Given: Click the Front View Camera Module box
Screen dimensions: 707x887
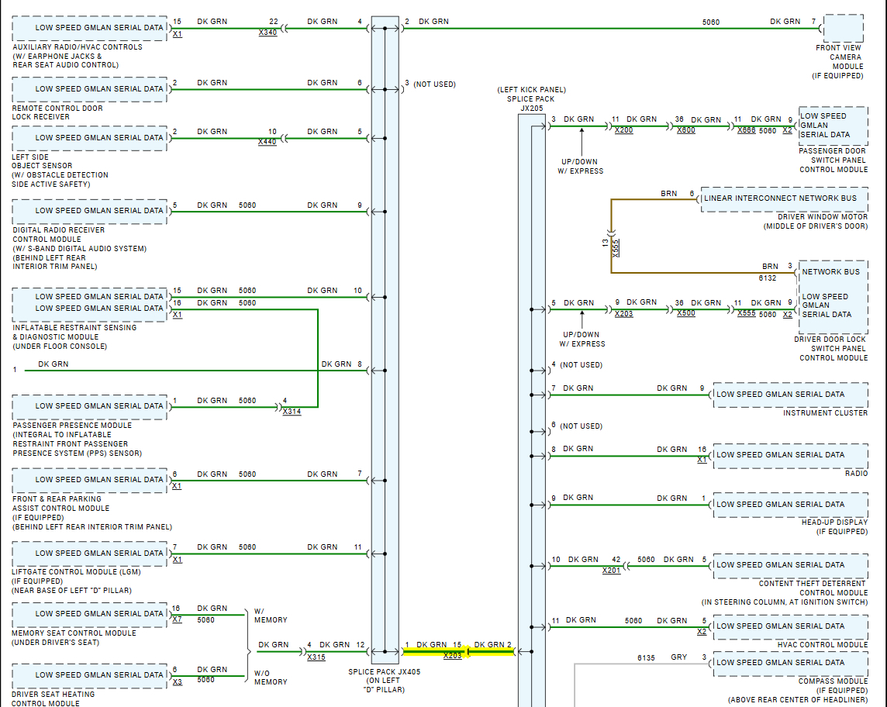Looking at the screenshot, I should point(844,28).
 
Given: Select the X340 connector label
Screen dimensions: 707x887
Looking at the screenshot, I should point(267,33).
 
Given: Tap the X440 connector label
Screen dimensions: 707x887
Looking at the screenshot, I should point(267,143).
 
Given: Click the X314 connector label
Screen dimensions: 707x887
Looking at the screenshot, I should point(292,412).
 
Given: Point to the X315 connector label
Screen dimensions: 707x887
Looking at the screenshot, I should point(316,657).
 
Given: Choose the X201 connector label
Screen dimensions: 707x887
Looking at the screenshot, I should point(611,571).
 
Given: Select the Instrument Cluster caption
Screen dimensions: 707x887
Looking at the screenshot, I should point(825,413).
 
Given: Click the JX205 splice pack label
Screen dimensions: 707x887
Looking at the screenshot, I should point(531,109).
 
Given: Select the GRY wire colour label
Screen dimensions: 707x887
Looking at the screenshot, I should point(678,657).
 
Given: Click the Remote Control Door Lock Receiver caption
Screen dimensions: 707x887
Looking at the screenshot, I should point(57,112).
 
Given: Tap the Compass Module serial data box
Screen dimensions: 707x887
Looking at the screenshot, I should point(789,663).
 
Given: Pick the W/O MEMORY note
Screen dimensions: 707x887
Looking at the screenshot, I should point(270,677).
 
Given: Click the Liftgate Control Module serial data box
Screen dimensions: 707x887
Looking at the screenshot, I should point(90,554).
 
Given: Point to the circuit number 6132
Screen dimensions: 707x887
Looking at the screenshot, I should point(768,277).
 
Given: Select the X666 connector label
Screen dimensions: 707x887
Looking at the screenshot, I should point(746,131).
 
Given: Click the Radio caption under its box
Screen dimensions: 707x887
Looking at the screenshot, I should point(856,474).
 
